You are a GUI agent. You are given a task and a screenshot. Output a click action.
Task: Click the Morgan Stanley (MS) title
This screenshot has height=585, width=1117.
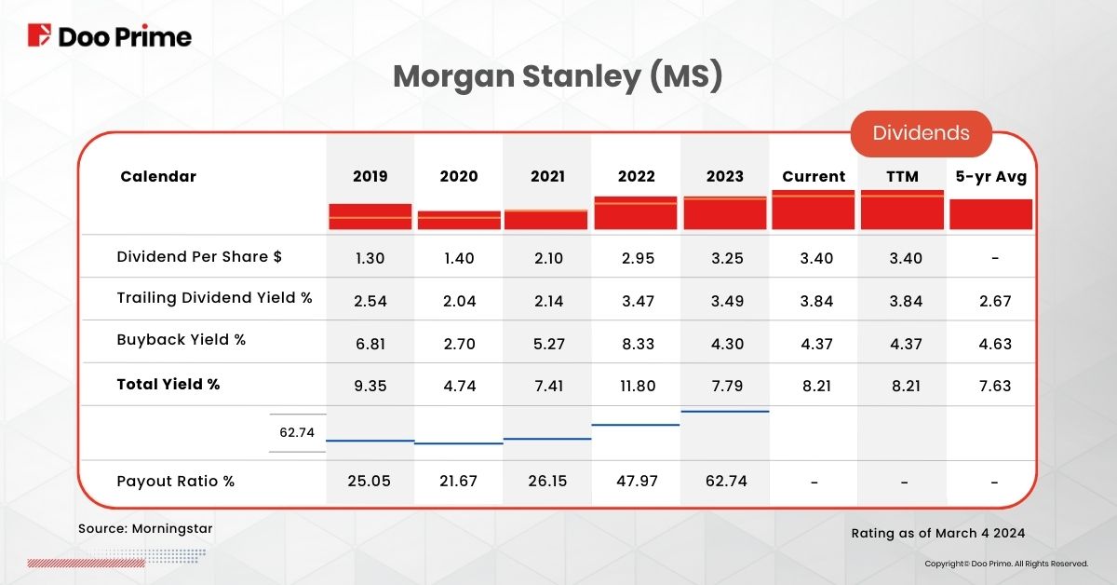558,77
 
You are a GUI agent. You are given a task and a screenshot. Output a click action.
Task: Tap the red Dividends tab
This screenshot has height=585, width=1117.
921,133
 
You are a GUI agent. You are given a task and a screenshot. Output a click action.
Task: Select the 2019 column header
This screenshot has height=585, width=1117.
370,176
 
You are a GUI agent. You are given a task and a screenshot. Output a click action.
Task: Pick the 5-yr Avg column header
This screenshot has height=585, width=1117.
990,176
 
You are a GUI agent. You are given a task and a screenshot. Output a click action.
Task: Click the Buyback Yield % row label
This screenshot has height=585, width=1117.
182,340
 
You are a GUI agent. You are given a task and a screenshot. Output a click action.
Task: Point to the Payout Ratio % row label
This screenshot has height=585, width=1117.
176,482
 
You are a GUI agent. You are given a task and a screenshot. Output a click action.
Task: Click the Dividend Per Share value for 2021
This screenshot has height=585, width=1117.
547,258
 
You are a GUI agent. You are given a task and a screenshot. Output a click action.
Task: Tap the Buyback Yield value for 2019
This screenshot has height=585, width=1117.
370,344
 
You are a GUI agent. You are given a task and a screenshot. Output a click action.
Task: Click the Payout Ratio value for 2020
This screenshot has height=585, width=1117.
460,482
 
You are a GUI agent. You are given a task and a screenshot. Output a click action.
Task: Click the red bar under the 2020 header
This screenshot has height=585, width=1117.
459,220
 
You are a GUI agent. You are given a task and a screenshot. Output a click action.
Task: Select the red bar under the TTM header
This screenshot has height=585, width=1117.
902,211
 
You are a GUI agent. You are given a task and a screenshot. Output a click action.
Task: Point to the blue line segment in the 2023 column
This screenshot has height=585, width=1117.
725,411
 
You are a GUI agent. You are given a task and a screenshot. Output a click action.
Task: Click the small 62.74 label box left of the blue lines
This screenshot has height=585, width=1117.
297,432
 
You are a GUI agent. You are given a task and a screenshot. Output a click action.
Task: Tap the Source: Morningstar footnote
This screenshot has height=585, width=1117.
145,528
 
